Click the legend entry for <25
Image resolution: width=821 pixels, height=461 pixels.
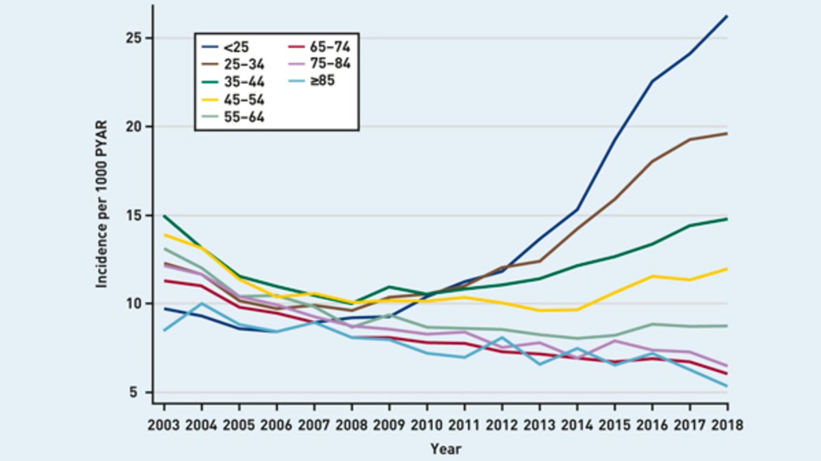pos(229,47)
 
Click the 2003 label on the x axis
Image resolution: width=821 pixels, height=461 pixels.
pos(164,425)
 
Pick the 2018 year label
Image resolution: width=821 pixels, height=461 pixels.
pos(726,425)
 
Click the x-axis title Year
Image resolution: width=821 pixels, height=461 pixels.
pos(445,449)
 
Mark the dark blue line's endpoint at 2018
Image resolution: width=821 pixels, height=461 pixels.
pos(727,16)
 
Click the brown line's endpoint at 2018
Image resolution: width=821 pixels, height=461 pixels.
pos(727,133)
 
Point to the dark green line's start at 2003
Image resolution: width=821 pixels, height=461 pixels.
pos(164,215)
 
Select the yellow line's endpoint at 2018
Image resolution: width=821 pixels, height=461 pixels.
pos(727,269)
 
